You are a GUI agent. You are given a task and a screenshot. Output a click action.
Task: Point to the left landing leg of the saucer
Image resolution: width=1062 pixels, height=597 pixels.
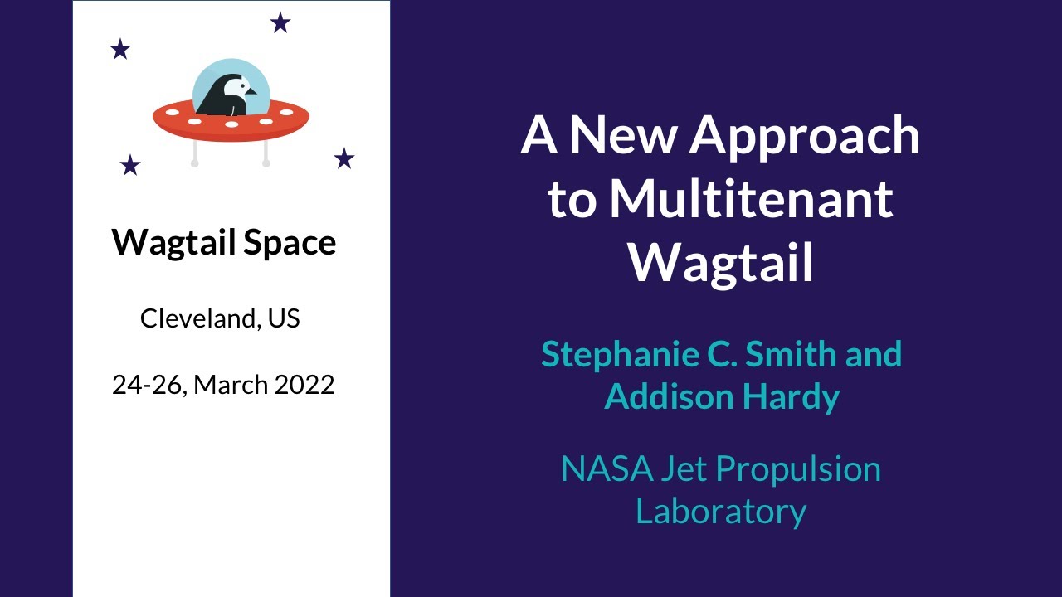tap(195, 154)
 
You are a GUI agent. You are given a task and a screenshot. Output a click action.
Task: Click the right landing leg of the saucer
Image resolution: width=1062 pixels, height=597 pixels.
tap(265, 154)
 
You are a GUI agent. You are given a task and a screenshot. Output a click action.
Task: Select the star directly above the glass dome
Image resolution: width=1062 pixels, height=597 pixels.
tap(280, 23)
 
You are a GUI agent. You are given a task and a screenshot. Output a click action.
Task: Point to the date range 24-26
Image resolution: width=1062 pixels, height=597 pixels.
tap(149, 385)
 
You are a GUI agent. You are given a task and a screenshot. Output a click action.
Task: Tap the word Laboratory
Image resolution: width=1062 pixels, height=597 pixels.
tap(721, 511)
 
